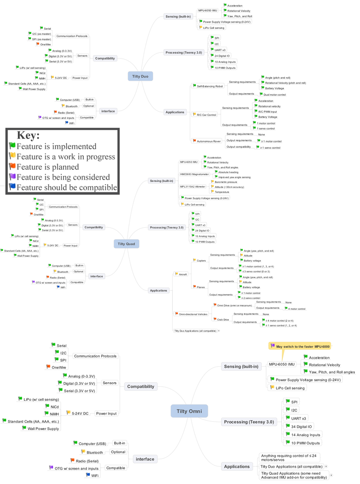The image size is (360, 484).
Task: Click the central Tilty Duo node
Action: (x=140, y=77)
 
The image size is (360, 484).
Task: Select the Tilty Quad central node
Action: (x=126, y=243)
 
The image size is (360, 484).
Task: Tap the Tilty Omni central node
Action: (x=189, y=410)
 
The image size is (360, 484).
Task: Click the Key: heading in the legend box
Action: (x=28, y=136)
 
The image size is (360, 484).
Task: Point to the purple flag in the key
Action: (x=12, y=176)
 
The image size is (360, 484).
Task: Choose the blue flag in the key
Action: (x=12, y=187)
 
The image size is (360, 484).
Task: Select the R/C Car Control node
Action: (x=206, y=115)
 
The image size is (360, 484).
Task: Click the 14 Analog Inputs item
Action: (x=307, y=435)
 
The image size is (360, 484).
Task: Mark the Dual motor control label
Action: (x=274, y=95)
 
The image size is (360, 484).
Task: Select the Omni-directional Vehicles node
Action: (x=193, y=314)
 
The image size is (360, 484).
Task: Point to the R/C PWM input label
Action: (x=267, y=112)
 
